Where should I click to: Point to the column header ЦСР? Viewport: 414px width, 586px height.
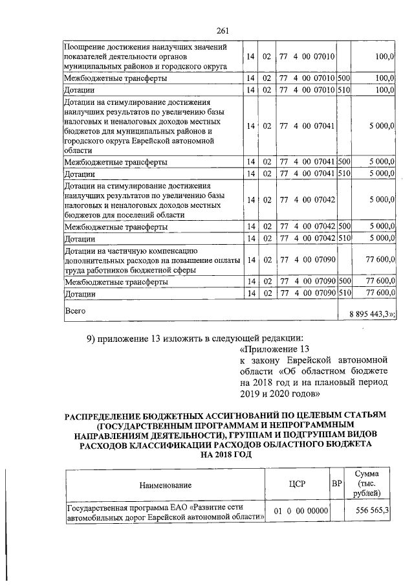click(298, 484)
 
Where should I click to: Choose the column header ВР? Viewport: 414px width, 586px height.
click(336, 484)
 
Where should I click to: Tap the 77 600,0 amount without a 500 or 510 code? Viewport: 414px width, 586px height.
click(381, 259)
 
